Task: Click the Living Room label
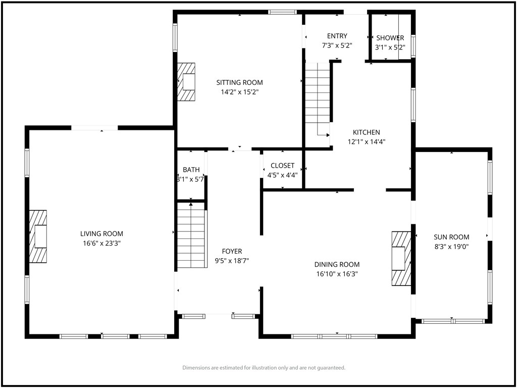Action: tap(101, 234)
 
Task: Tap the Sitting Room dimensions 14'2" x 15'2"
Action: tap(239, 92)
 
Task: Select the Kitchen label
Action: tap(367, 132)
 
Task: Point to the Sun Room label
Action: tap(451, 237)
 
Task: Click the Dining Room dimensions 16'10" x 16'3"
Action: tap(337, 274)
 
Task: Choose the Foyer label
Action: tap(232, 252)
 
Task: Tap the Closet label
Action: tap(283, 166)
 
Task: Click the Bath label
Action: tap(191, 170)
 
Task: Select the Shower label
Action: tap(390, 38)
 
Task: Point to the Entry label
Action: tap(337, 36)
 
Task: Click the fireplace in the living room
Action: tap(38, 236)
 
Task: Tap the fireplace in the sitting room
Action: tap(186, 82)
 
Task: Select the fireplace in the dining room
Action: tap(401, 258)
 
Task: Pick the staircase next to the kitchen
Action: tap(318, 99)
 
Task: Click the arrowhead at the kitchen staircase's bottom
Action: tap(328, 135)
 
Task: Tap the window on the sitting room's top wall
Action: tap(282, 12)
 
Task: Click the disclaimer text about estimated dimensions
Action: tap(264, 368)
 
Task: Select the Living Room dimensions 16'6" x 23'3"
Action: tap(101, 244)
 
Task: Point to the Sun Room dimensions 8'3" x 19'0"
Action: tap(451, 247)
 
